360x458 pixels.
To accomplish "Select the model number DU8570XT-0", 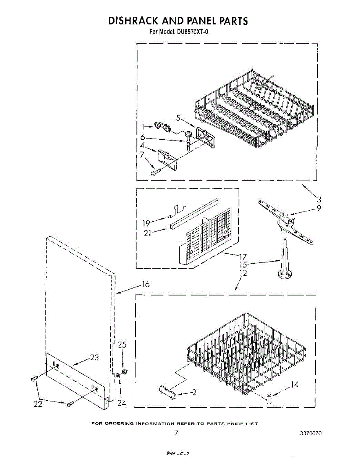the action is point(192,32).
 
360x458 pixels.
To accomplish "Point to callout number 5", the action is point(178,118).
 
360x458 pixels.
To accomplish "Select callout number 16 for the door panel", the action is point(145,284).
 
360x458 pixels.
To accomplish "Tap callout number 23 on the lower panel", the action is point(94,358).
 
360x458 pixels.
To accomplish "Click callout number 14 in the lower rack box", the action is point(294,385).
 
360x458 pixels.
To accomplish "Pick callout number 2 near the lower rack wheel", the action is point(194,392).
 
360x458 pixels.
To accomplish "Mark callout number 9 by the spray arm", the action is point(318,208).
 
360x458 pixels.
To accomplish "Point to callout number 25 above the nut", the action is point(122,345).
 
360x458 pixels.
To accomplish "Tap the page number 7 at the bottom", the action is point(176,432).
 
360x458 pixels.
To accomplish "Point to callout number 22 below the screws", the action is point(37,404).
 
